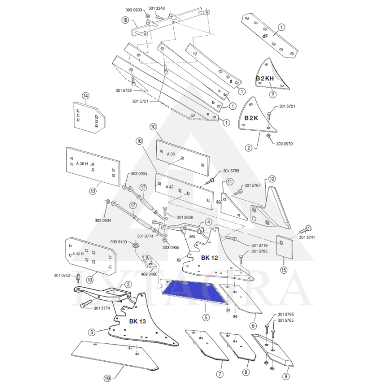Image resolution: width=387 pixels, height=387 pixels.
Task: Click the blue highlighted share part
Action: [193, 291]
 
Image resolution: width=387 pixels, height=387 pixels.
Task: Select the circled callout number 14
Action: [86, 96]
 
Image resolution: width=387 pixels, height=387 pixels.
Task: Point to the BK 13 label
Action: [137, 321]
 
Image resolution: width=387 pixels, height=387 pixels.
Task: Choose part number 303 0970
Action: [284, 144]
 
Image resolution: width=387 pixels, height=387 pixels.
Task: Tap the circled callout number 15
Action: [284, 269]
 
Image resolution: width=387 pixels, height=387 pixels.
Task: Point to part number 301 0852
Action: [62, 276]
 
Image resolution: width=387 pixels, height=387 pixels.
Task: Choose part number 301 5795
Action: [286, 315]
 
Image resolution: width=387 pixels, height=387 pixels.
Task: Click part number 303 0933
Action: [134, 10]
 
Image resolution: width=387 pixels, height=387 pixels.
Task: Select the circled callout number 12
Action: [272, 179]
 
